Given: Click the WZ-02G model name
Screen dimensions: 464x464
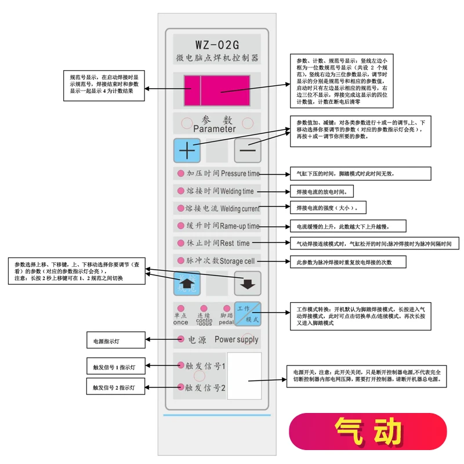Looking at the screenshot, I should (x=216, y=44).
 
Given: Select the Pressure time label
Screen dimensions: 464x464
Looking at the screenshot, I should (x=240, y=173).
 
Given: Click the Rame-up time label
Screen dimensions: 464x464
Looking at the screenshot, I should (x=240, y=226).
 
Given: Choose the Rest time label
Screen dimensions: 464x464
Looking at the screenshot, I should (x=235, y=243).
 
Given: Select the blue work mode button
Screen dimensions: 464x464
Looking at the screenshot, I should (x=248, y=314).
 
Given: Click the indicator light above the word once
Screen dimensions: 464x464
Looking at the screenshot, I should (x=180, y=308).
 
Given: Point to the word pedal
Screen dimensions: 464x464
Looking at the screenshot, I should (x=226, y=322).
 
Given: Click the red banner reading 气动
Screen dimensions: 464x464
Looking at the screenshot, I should (x=368, y=432).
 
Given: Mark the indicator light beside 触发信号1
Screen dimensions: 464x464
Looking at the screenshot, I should (x=180, y=365).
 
